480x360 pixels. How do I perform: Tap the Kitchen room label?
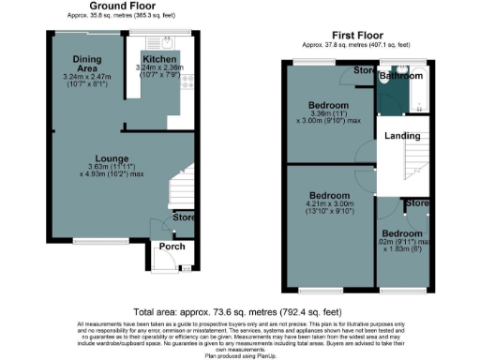coord(159,58)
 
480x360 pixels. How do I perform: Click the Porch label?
coord(171,247)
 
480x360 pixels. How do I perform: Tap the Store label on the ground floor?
coord(184,219)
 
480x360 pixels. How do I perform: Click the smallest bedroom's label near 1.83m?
coord(400,232)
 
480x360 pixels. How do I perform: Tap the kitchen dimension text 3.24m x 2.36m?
coord(160,68)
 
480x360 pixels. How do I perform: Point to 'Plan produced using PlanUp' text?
coord(239,355)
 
